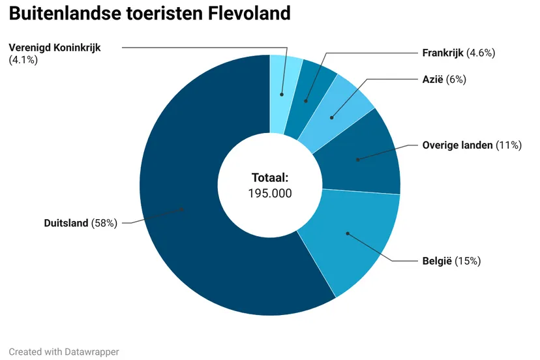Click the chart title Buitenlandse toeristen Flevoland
(150, 14)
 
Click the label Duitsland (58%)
(80, 223)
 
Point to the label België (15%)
(451, 262)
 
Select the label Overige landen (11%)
(472, 145)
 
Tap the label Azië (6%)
(444, 80)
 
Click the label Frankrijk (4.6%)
(458, 53)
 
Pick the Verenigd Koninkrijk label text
(55, 48)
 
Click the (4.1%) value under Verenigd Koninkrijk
(23, 60)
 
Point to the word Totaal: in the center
(270, 177)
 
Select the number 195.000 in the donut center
(270, 193)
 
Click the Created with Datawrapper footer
(64, 352)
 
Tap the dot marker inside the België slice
(348, 233)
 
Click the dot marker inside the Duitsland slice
(183, 209)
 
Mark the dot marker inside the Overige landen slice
(357, 159)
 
